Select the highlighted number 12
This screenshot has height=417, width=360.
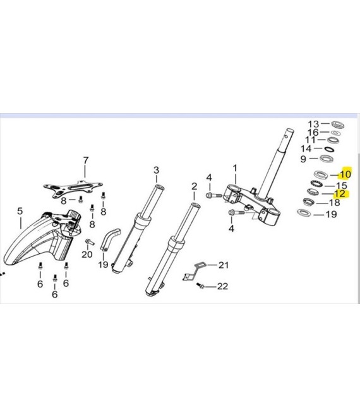340,194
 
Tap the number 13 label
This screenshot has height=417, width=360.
313,123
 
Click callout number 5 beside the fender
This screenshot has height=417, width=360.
20,211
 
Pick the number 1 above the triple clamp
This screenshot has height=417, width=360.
235,169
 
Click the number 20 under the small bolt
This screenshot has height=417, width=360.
87,254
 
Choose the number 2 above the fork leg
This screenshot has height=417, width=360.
194,186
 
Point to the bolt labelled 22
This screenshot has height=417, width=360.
201,286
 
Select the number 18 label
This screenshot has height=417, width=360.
334,203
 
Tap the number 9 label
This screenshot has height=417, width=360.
303,159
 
